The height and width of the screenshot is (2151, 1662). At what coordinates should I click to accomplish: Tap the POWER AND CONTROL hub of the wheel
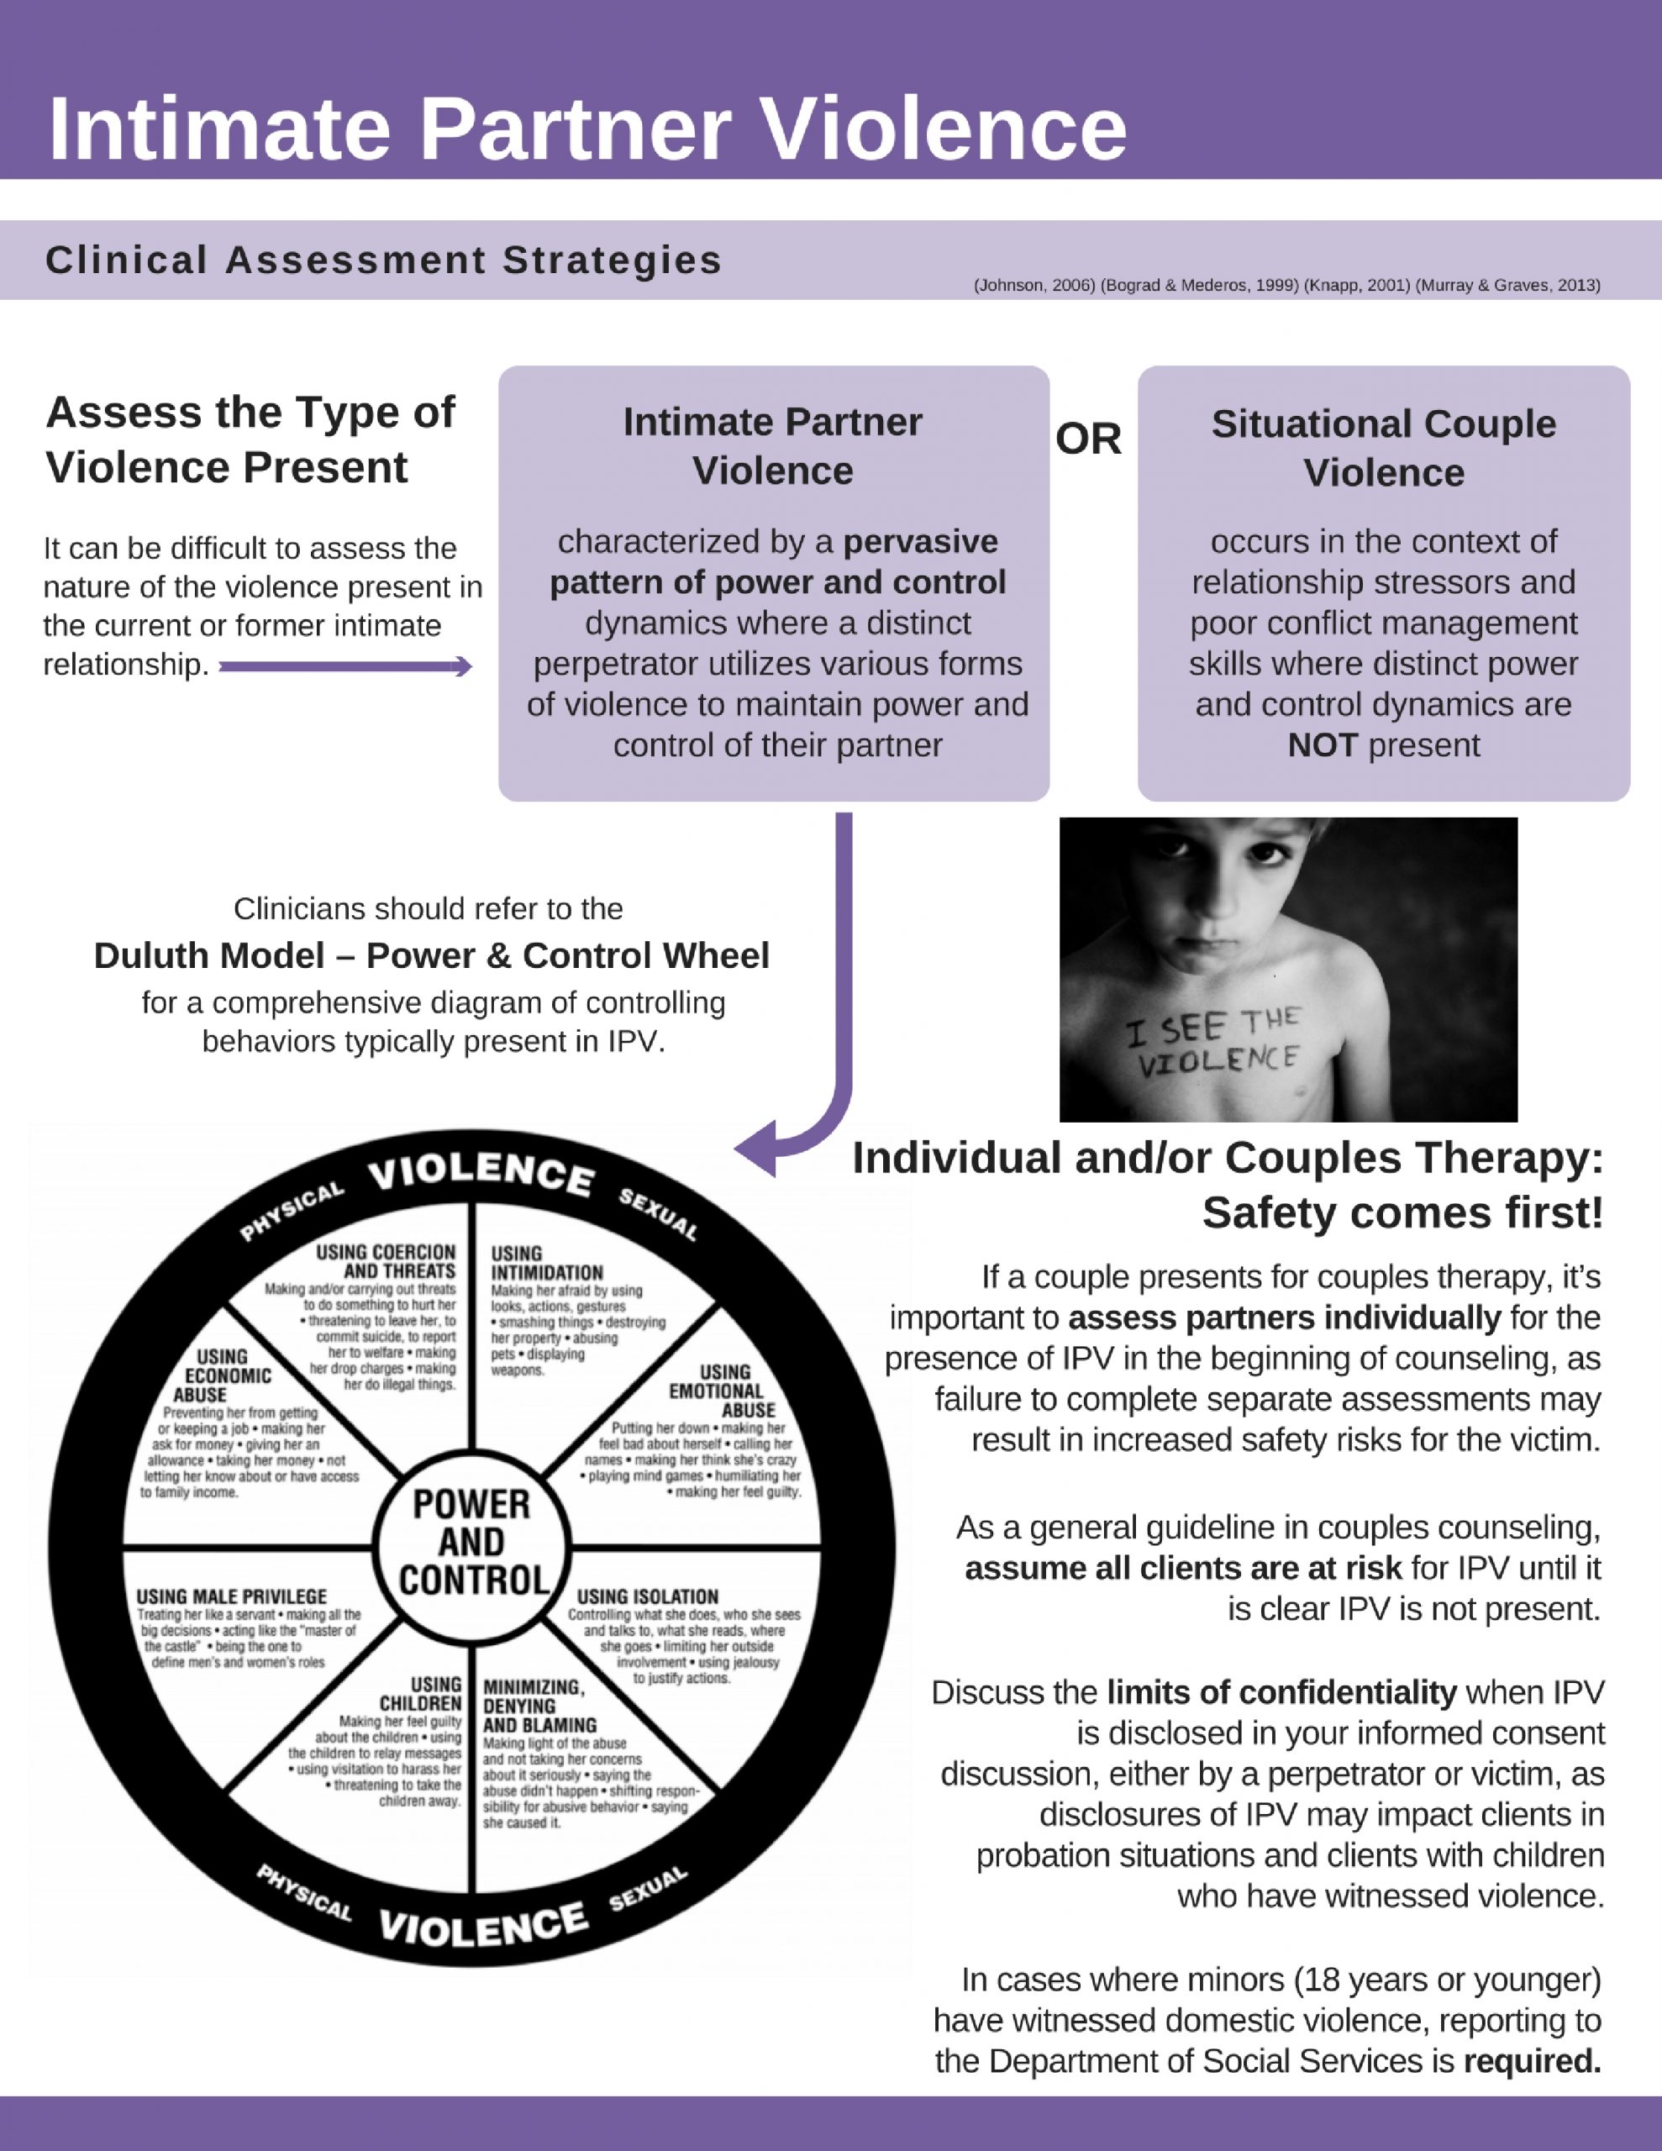click(x=472, y=1543)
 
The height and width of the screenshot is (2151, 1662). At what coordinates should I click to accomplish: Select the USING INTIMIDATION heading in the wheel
click(x=546, y=1263)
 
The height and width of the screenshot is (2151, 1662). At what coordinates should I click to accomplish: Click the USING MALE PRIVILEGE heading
click(x=232, y=1596)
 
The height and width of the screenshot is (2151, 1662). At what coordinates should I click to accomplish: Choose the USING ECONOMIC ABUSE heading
click(x=213, y=1376)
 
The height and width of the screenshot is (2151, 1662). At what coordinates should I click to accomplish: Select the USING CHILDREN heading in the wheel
click(x=422, y=1694)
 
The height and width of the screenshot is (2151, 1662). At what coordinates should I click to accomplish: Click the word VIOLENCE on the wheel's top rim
click(x=481, y=1174)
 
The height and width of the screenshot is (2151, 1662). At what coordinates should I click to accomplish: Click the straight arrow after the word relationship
click(x=344, y=668)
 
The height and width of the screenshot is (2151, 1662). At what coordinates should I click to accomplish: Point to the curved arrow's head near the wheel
click(x=756, y=1149)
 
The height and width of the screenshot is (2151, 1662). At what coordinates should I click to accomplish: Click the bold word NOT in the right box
click(x=1322, y=745)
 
